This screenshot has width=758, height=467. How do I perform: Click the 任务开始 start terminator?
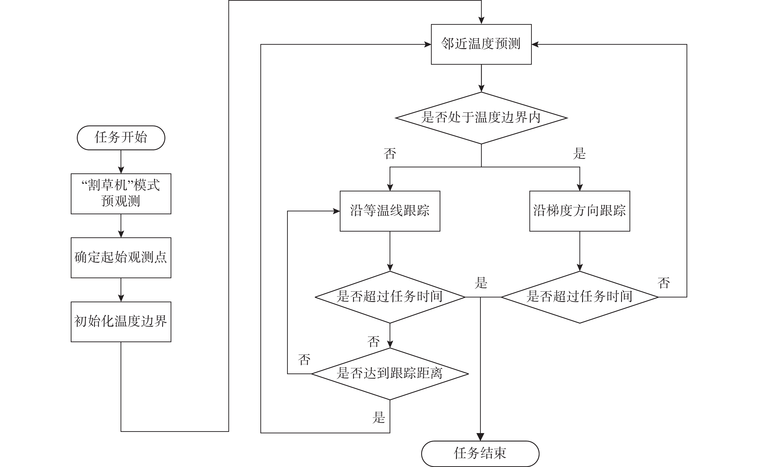(x=121, y=138)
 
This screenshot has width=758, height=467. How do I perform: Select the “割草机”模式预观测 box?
(x=121, y=194)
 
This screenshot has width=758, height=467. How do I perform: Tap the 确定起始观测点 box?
(x=121, y=258)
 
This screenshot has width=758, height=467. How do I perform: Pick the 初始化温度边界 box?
(x=121, y=322)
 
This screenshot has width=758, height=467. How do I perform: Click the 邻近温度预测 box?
(x=481, y=44)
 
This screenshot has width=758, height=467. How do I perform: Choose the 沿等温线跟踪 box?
(x=390, y=211)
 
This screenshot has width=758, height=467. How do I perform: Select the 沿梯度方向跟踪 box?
(x=580, y=211)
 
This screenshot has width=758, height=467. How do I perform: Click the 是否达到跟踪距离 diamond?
(x=390, y=374)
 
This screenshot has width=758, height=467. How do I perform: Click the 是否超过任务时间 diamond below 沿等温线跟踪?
(x=390, y=297)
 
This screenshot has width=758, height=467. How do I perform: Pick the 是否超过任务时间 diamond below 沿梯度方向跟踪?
(x=580, y=297)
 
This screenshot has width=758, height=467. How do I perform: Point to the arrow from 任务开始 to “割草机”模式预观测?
(x=121, y=162)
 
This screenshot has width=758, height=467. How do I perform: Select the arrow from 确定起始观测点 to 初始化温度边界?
(x=121, y=290)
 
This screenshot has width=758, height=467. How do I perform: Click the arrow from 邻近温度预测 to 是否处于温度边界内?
(x=481, y=78)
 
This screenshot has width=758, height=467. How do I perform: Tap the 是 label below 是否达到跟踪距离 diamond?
(x=379, y=417)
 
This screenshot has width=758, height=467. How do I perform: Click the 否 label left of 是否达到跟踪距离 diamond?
(x=304, y=360)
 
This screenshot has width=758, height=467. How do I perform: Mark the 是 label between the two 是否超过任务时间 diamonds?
(x=481, y=283)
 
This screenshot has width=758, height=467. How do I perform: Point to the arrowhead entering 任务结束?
(x=480, y=437)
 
